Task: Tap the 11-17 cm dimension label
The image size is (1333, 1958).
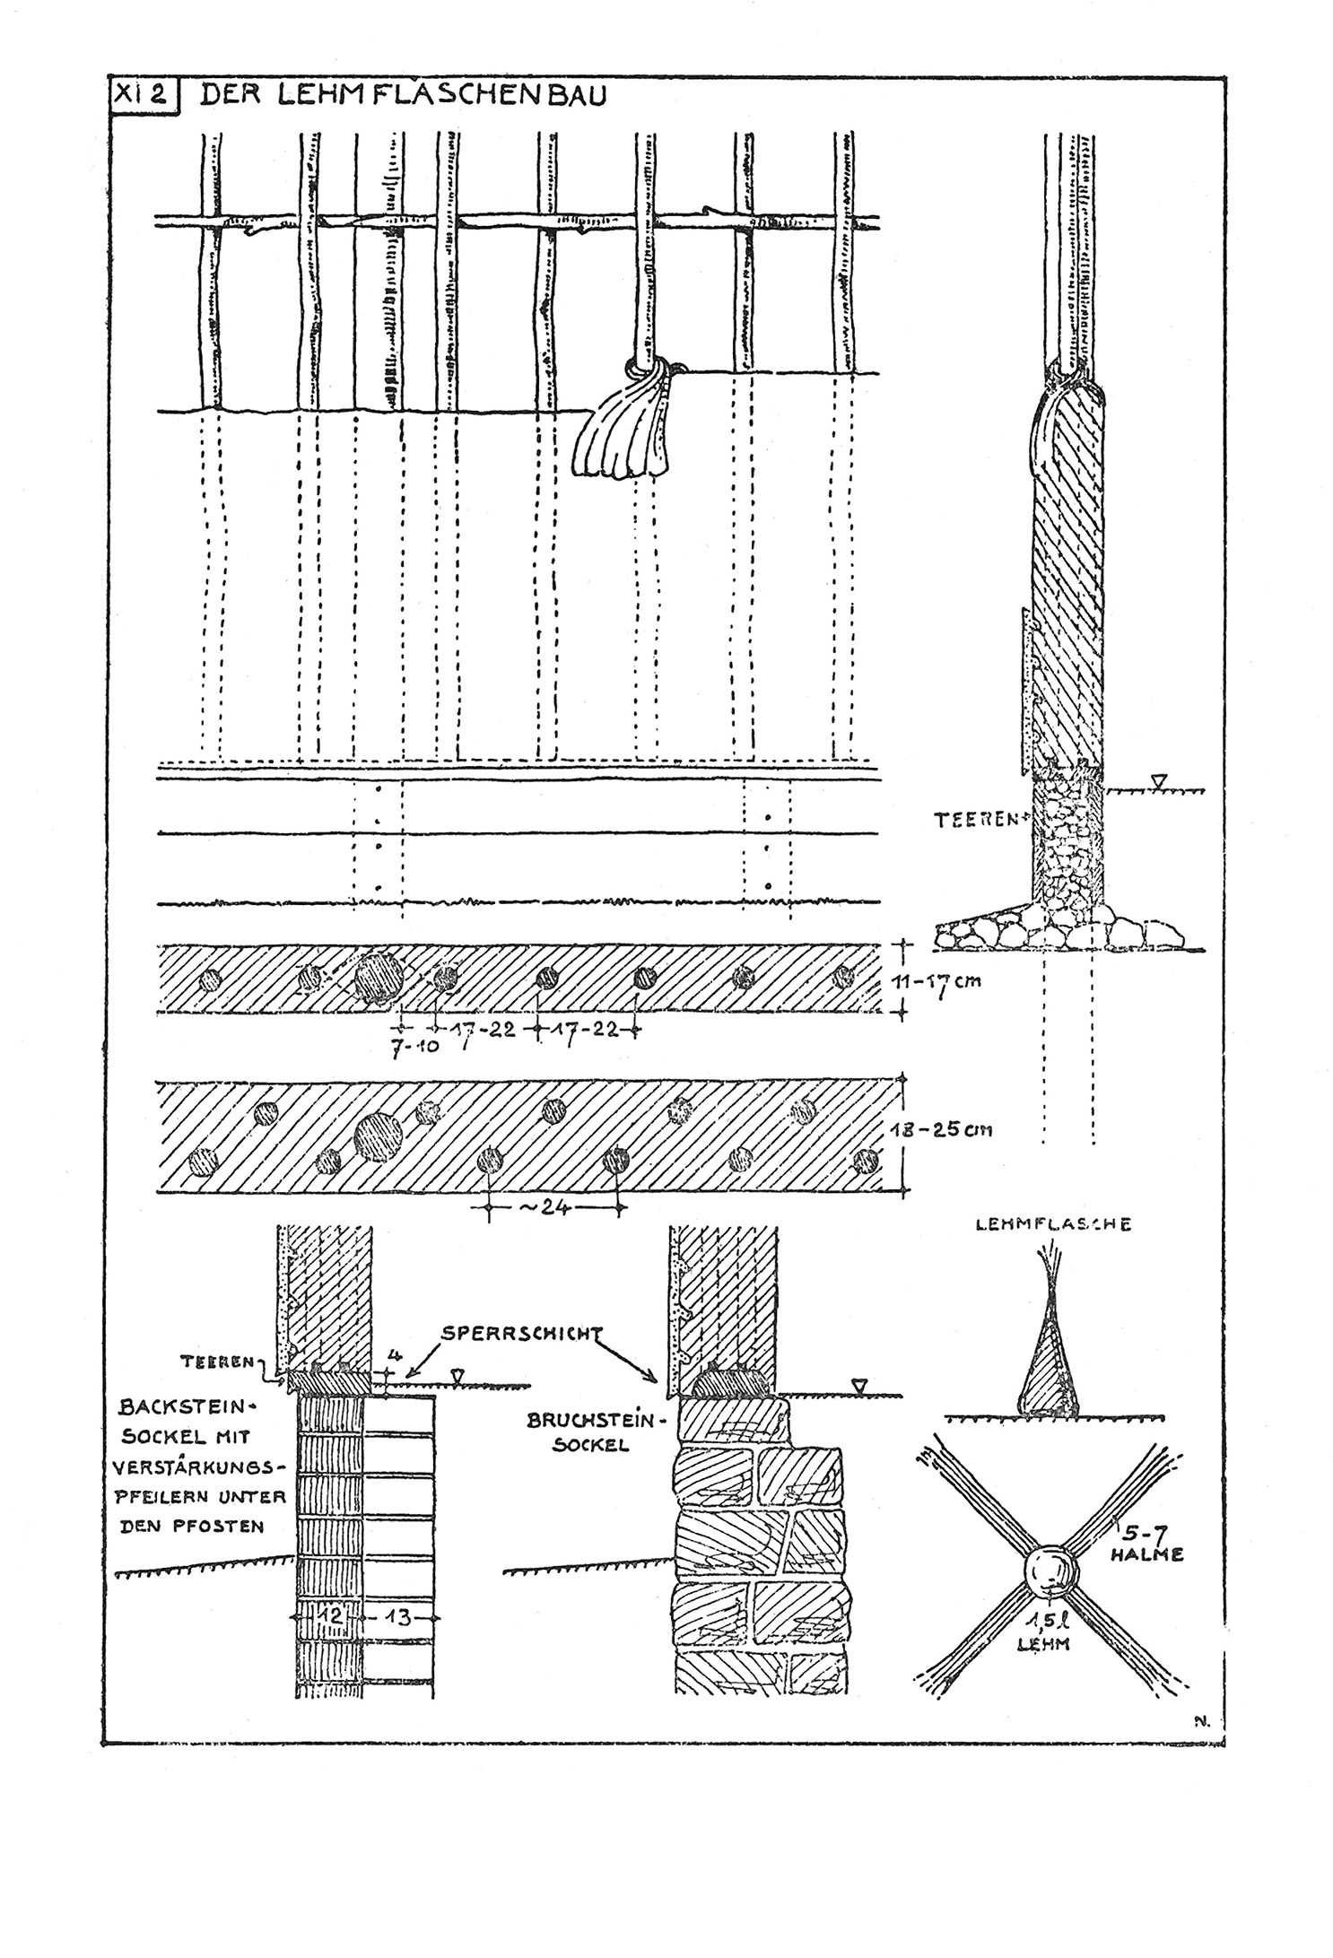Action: [x=948, y=980]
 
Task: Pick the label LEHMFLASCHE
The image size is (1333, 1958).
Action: [x=1052, y=1224]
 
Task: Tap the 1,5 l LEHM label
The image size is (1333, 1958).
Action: [x=1047, y=1629]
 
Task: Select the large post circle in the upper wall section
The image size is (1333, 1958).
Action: [x=381, y=977]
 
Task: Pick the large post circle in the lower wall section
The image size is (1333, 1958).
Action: [x=379, y=1136]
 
